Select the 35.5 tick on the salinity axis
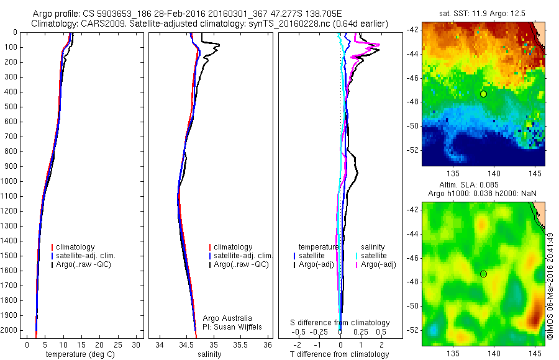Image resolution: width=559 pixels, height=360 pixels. pyautogui.click(x=240, y=344)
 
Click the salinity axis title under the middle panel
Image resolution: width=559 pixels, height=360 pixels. pyautogui.click(x=209, y=354)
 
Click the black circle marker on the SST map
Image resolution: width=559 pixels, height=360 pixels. pyautogui.click(x=483, y=94)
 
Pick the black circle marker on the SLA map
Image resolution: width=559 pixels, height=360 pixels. pyautogui.click(x=483, y=274)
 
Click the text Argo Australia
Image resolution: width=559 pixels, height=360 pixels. pyautogui.click(x=227, y=318)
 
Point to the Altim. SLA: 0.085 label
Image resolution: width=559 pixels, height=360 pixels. pyautogui.click(x=483, y=185)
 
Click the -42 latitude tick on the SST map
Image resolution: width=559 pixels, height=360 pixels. pyautogui.click(x=414, y=30)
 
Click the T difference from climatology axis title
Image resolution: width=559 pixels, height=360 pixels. pyautogui.click(x=339, y=354)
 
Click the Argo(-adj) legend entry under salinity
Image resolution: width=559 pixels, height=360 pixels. pyautogui.click(x=378, y=264)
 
